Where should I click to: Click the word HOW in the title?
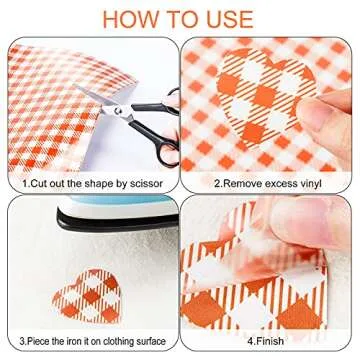pos(125,19)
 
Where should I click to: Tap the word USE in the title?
pos(230,19)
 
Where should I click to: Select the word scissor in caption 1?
pos(146,183)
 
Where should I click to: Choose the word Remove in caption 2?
pos(240,183)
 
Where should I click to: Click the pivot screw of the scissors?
pos(117,109)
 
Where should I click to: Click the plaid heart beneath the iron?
pos(87,296)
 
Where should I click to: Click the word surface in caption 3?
pos(153,341)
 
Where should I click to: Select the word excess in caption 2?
pos(277,184)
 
